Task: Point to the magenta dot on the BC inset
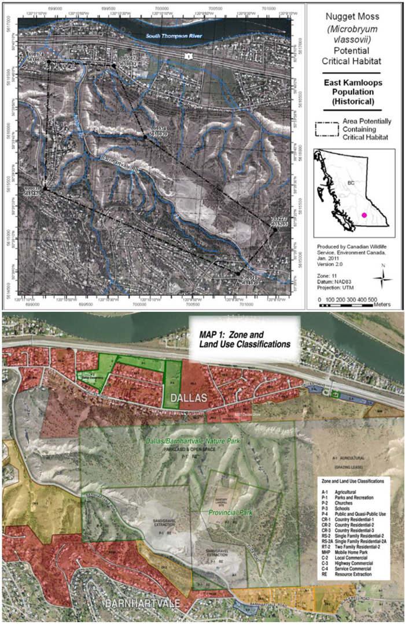point(364,215)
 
